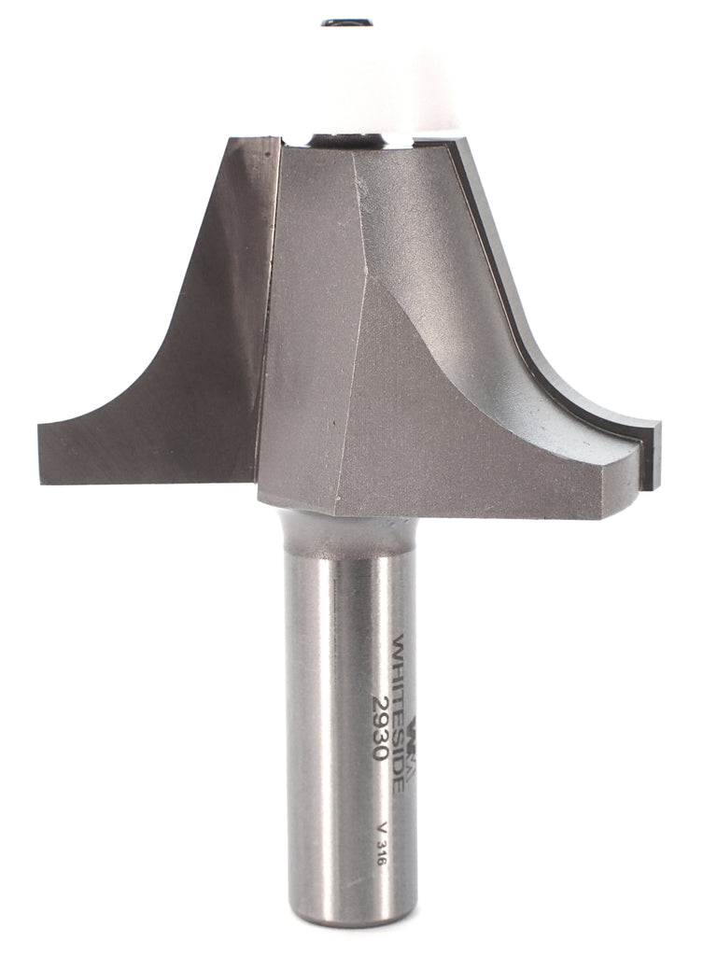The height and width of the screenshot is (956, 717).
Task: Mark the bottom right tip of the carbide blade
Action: tap(654, 485)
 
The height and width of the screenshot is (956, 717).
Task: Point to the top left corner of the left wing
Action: tap(230, 140)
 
